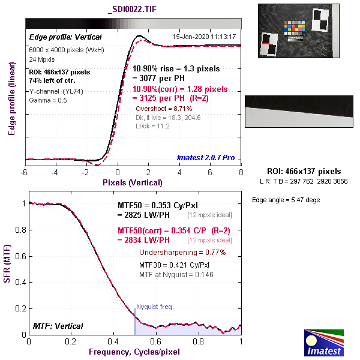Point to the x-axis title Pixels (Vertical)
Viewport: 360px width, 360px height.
[x=133, y=182]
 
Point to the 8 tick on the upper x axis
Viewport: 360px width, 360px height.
[x=241, y=172]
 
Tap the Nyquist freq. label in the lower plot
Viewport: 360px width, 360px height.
[x=155, y=307]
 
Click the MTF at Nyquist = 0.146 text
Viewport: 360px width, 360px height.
[x=176, y=274]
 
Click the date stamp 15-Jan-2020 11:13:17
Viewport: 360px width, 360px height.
[x=203, y=37]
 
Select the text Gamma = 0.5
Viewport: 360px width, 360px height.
[x=48, y=100]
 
